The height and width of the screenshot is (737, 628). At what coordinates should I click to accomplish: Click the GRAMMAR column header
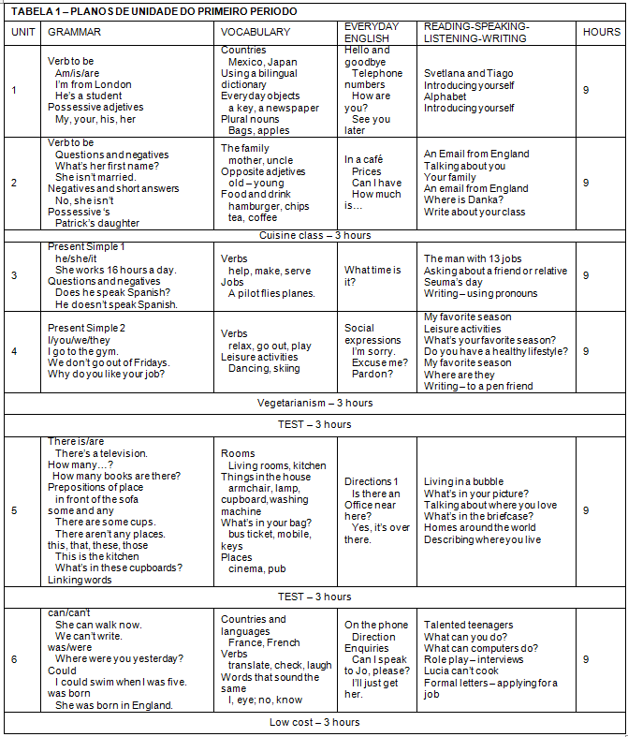[74, 32]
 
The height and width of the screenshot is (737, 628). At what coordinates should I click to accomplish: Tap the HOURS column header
[601, 32]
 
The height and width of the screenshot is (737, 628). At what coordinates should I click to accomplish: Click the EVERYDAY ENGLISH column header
[372, 32]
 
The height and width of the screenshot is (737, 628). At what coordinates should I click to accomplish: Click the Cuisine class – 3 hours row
[314, 235]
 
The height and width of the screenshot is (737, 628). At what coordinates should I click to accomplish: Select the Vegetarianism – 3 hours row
[314, 403]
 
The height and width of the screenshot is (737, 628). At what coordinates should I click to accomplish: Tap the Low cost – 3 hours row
[314, 722]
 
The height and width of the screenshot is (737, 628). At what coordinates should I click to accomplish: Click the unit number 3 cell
[14, 276]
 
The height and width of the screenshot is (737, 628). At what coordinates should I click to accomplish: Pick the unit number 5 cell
[14, 510]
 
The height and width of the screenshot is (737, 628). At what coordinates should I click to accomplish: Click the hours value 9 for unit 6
[586, 659]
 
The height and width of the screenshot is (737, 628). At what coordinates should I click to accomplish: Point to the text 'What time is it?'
[372, 275]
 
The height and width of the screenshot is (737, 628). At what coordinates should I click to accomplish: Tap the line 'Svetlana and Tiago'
[469, 73]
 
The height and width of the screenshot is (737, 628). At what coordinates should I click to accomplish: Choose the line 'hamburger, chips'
[269, 206]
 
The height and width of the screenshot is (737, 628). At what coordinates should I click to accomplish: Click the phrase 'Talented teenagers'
[468, 625]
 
